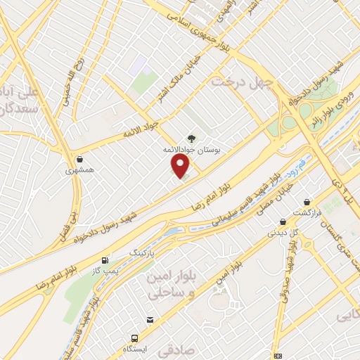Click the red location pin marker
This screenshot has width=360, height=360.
181,166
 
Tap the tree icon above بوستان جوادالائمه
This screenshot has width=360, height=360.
190,139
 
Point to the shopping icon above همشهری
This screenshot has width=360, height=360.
78,159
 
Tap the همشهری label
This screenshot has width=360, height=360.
78,170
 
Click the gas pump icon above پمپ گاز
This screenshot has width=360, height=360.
105,259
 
